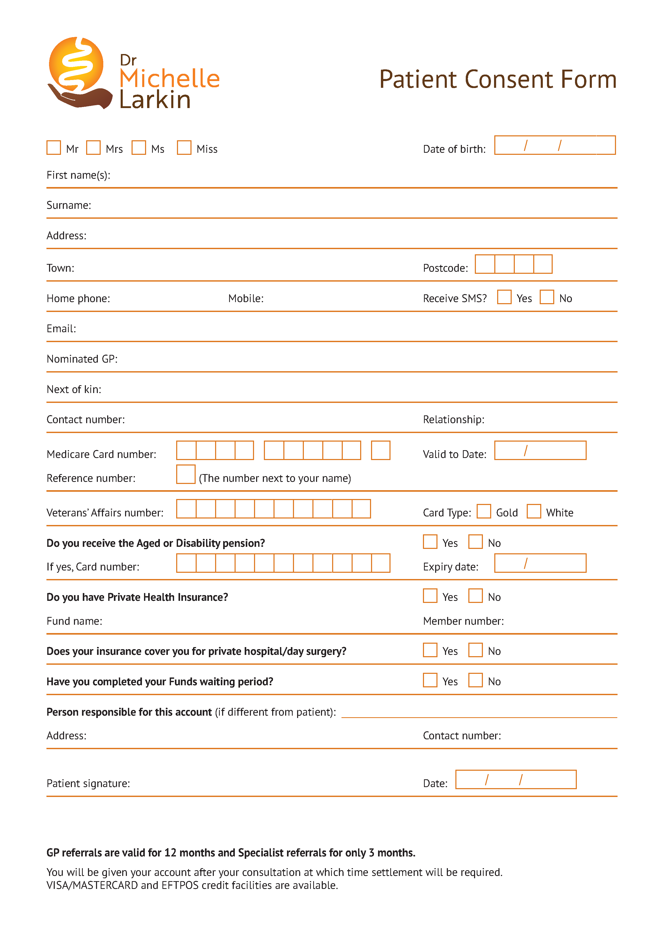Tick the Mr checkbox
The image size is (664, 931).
pyautogui.click(x=53, y=148)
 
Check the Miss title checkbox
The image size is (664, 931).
pyautogui.click(x=184, y=148)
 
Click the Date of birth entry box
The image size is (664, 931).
pyautogui.click(x=555, y=145)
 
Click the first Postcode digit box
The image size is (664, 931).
pyautogui.click(x=484, y=264)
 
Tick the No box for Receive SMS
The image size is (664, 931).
pyautogui.click(x=547, y=297)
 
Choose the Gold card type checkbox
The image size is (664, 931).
pyautogui.click(x=484, y=511)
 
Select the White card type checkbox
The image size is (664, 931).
pyautogui.click(x=533, y=511)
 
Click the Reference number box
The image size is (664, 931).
pyautogui.click(x=186, y=474)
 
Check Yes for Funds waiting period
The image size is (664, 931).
pyautogui.click(x=430, y=680)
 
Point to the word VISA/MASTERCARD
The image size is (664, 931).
pyautogui.click(x=92, y=885)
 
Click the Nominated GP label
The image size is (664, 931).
pyautogui.click(x=82, y=359)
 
